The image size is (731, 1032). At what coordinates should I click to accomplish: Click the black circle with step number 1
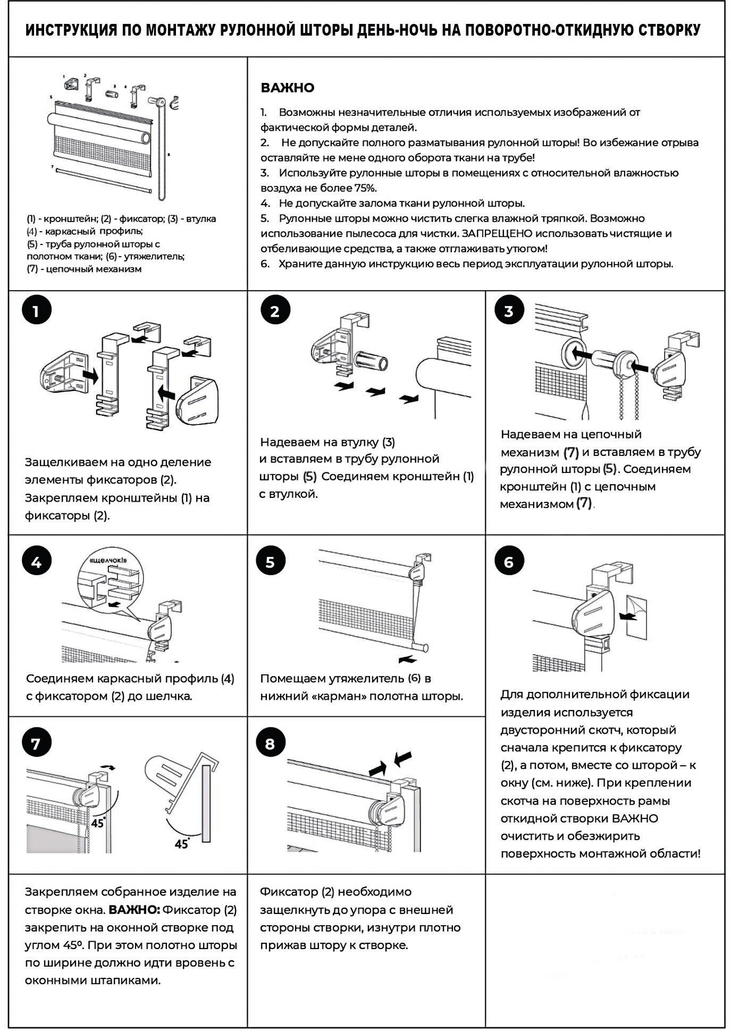coord(36,311)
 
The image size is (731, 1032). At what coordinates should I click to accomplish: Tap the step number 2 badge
coord(274,311)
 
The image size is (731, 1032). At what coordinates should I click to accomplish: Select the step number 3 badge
coord(509,311)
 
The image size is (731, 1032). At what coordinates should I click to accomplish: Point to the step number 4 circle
coord(36,562)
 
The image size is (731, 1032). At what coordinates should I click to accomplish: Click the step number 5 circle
coord(270,562)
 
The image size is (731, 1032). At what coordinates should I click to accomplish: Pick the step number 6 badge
coord(509,562)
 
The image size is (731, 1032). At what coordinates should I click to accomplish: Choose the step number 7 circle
coord(36,744)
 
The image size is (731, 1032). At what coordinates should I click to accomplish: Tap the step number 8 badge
coord(270,744)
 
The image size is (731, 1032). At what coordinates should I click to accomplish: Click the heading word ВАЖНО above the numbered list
coord(287,88)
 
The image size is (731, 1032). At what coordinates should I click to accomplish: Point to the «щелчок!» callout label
coord(109,560)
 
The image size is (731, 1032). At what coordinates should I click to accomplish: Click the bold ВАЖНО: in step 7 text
coord(134,910)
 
